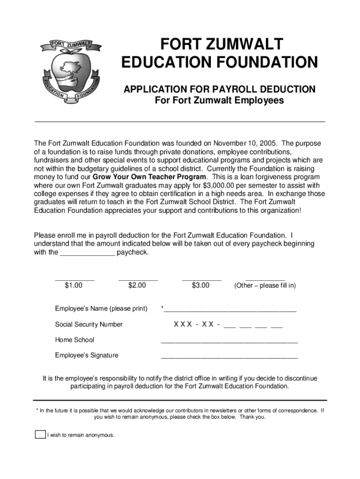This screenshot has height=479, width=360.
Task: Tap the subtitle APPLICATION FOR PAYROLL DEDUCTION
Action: [219, 89]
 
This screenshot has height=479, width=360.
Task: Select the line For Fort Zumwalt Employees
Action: [219, 101]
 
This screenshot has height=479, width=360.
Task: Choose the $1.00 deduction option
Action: [74, 285]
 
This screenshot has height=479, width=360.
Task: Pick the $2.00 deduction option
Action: [137, 285]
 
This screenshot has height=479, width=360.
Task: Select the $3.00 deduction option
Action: [201, 285]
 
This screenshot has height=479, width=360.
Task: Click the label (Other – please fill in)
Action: [265, 285]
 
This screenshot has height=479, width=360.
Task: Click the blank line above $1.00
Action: [75, 278]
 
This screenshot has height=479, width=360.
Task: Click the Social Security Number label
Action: [89, 325]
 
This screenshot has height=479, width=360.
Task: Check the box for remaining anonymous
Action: [40, 435]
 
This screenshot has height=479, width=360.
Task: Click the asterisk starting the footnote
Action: [37, 410]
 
